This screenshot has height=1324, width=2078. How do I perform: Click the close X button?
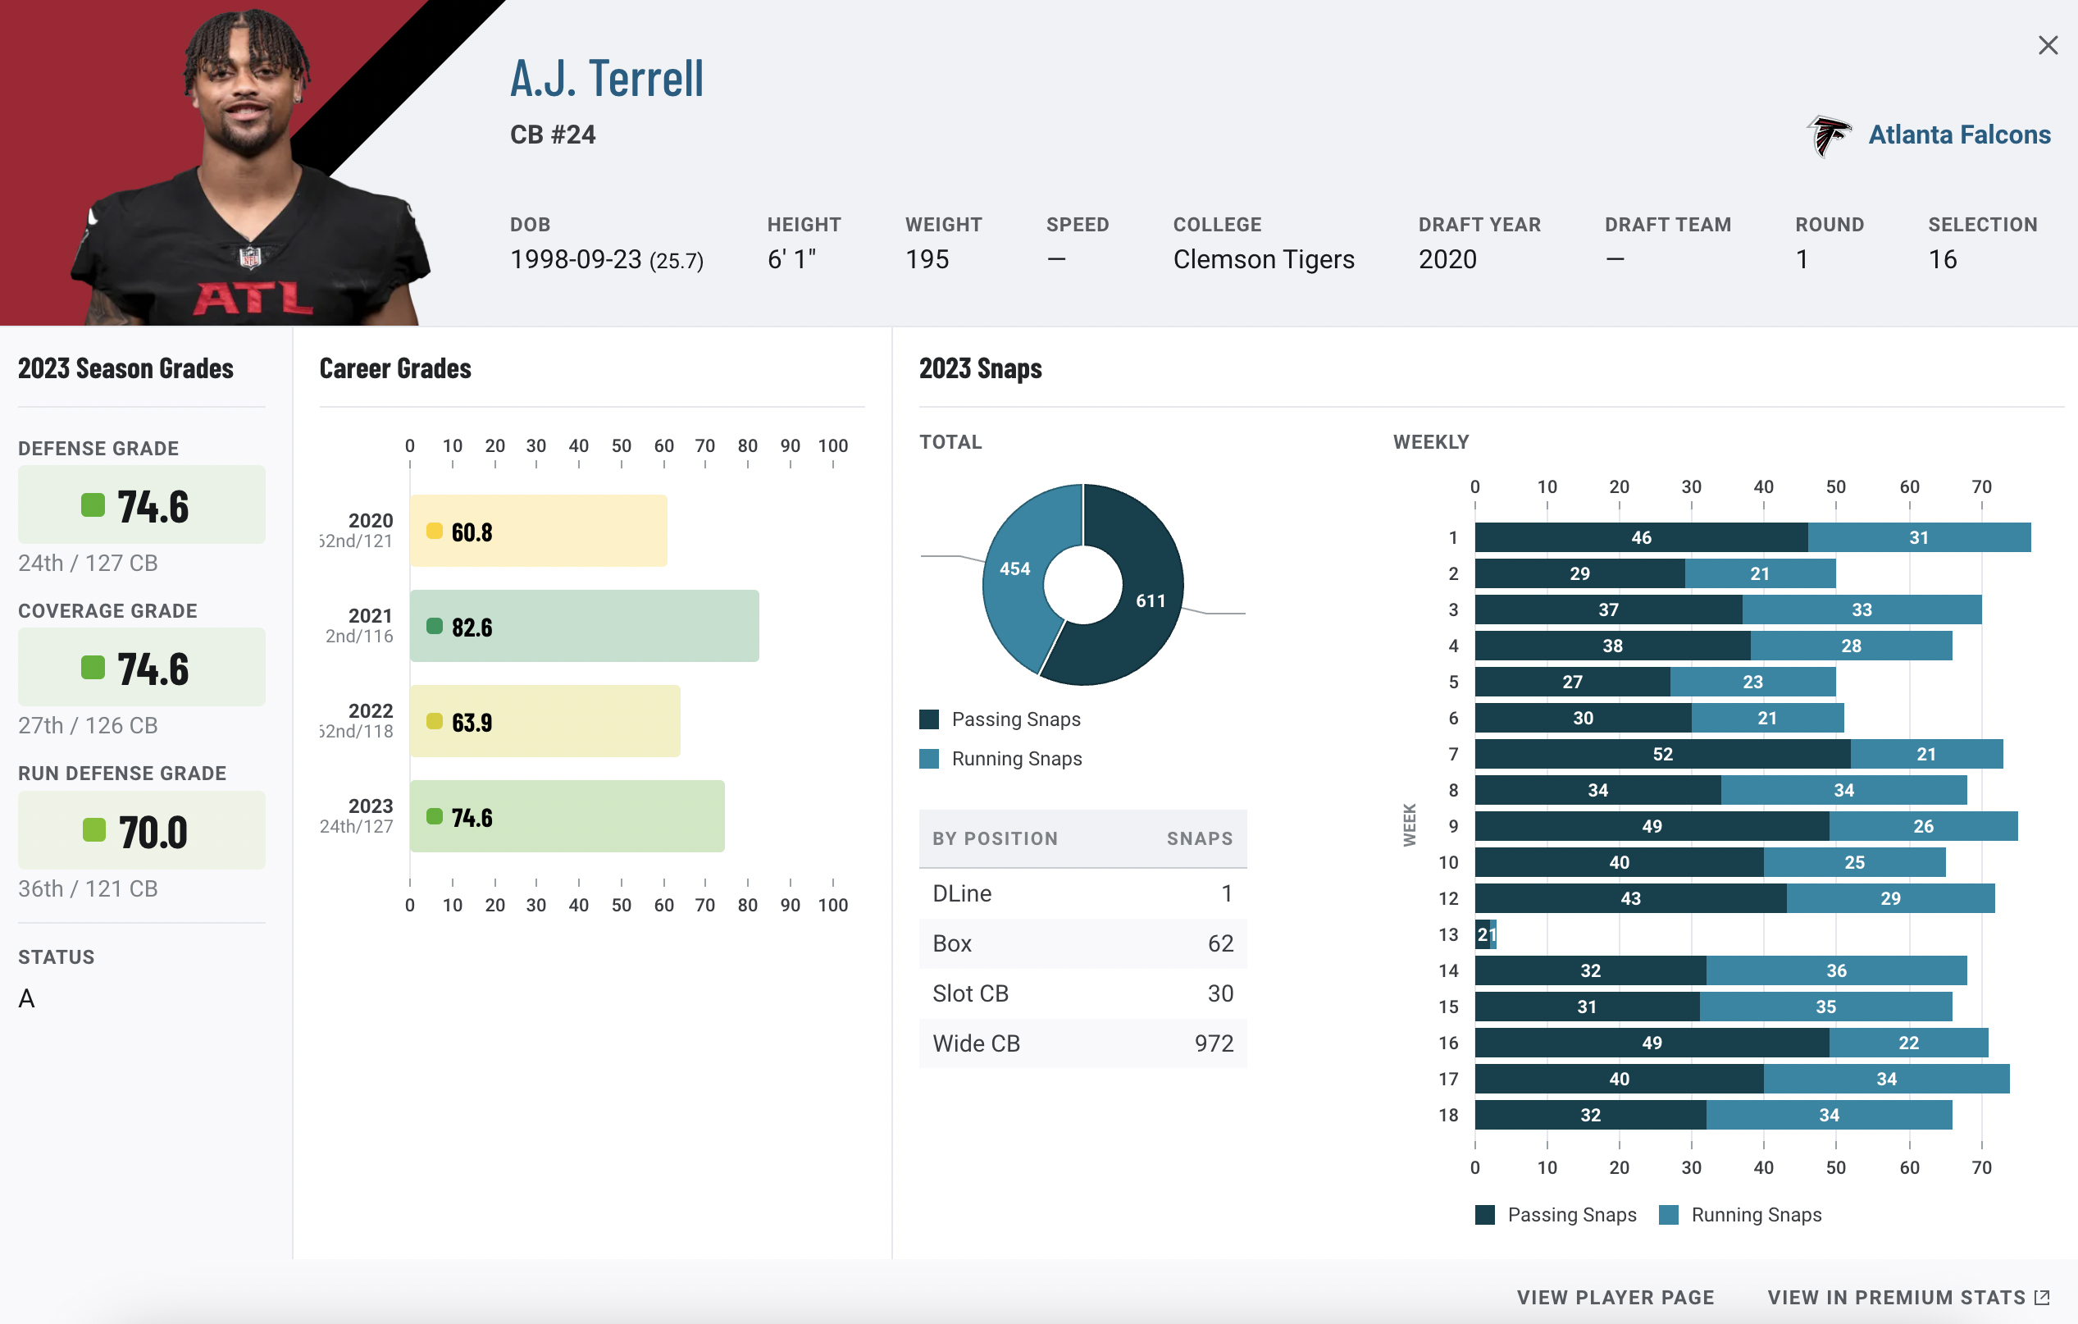(x=2047, y=45)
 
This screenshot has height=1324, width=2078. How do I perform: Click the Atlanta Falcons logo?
(x=1828, y=135)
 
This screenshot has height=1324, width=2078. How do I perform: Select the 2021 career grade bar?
(x=584, y=626)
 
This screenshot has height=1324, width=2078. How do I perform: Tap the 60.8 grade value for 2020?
(x=472, y=532)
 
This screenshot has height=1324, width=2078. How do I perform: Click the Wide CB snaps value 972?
(x=1214, y=1043)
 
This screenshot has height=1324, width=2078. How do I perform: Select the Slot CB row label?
(x=970, y=993)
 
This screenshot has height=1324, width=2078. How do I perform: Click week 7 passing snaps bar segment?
(x=1662, y=754)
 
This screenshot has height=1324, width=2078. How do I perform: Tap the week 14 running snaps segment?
(x=1835, y=970)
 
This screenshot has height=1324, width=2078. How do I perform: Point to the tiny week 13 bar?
(x=1485, y=934)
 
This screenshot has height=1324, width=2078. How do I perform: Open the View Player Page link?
(x=1615, y=1297)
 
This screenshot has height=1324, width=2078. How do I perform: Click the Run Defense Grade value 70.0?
(x=152, y=832)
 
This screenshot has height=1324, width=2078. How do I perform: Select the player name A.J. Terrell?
(x=607, y=79)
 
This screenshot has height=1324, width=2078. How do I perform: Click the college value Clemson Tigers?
(x=1264, y=259)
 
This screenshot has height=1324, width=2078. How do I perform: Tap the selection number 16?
(x=1942, y=259)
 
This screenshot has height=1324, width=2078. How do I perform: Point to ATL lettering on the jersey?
(x=253, y=299)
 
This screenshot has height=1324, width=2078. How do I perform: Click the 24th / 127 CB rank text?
(x=88, y=563)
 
